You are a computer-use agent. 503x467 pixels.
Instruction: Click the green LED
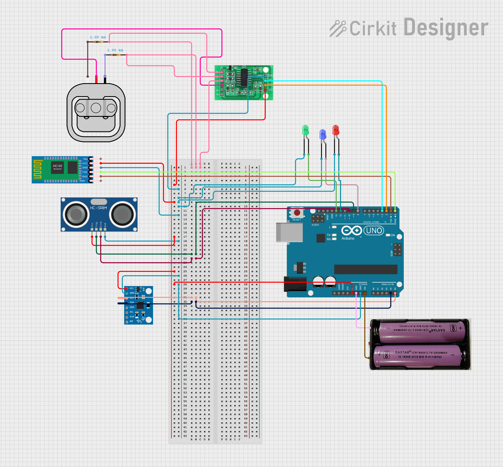(x=305, y=130)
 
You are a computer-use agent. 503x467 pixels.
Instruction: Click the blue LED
(x=323, y=134)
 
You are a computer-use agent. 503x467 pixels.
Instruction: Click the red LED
(x=336, y=130)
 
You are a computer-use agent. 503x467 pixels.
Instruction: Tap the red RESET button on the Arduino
(x=297, y=213)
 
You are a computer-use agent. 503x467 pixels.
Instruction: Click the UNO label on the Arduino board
(x=374, y=231)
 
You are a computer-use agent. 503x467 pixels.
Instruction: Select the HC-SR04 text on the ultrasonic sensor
(x=98, y=208)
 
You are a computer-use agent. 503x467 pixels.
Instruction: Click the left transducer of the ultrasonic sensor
(x=76, y=214)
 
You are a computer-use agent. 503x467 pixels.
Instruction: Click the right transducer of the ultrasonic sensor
(x=122, y=214)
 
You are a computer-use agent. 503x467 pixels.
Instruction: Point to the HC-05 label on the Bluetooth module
(x=57, y=166)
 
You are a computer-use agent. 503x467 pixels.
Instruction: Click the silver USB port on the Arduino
(x=289, y=232)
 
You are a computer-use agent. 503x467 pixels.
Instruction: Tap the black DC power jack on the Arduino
(x=295, y=284)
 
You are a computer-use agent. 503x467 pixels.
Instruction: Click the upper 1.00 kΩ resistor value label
(x=98, y=37)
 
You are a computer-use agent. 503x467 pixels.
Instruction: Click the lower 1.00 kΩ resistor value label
(x=115, y=50)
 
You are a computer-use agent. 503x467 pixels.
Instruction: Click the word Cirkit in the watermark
(x=373, y=28)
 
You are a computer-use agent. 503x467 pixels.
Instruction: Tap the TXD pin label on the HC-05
(x=85, y=172)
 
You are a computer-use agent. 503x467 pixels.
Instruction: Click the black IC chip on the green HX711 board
(x=244, y=77)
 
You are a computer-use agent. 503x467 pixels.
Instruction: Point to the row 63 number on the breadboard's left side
(x=185, y=436)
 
